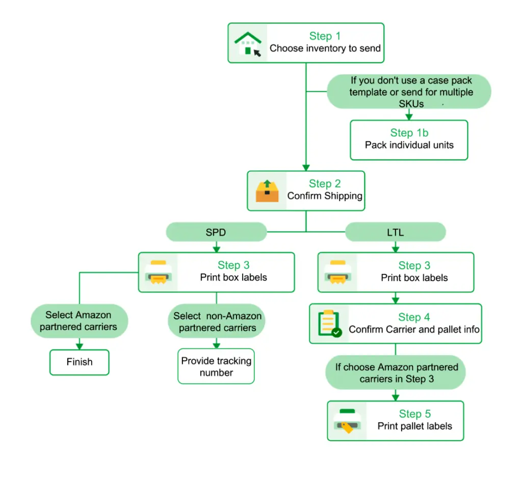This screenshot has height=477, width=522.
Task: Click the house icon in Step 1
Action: pyautogui.click(x=248, y=43)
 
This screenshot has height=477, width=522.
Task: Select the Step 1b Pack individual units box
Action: pyautogui.click(x=409, y=140)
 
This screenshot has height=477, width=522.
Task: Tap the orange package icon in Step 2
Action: pyautogui.click(x=267, y=191)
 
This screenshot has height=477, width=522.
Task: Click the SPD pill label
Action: pyautogui.click(x=216, y=233)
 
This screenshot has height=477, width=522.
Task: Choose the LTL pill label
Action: pyautogui.click(x=395, y=233)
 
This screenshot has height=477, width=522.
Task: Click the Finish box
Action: pyautogui.click(x=80, y=362)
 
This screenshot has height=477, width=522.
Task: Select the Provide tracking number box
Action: pyautogui.click(x=216, y=366)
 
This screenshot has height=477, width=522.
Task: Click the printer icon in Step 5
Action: pyautogui.click(x=347, y=421)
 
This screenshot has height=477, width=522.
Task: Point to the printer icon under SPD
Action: pyautogui.click(x=158, y=272)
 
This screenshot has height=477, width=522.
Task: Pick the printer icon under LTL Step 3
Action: pyautogui.click(x=337, y=272)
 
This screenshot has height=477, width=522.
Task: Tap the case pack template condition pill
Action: pyautogui.click(x=409, y=92)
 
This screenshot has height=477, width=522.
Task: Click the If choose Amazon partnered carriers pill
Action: pyautogui.click(x=396, y=373)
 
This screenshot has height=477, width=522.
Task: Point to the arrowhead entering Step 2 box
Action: pyautogui.click(x=306, y=167)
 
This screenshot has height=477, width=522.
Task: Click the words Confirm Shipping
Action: pyautogui.click(x=325, y=196)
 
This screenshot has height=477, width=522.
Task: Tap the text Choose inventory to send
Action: pyautogui.click(x=325, y=48)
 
